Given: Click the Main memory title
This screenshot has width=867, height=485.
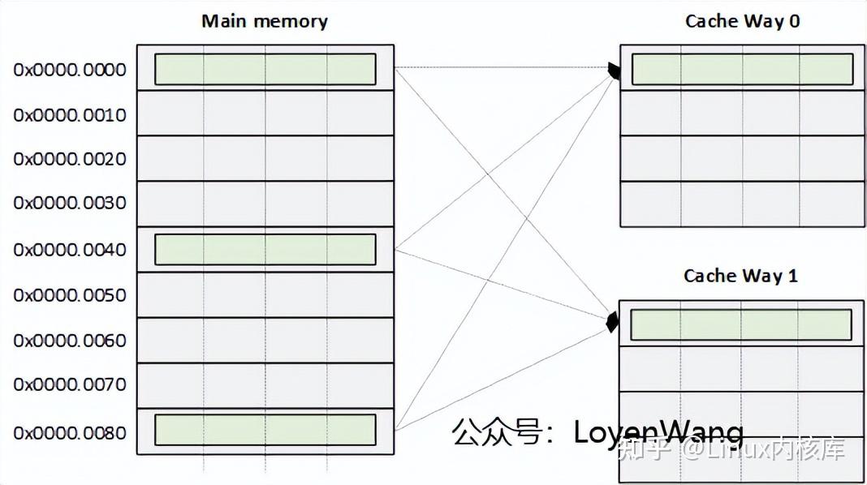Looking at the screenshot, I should pyautogui.click(x=265, y=21).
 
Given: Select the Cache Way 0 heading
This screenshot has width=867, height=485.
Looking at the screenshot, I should pyautogui.click(x=742, y=21).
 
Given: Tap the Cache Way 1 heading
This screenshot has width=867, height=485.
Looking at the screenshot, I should pyautogui.click(x=740, y=276).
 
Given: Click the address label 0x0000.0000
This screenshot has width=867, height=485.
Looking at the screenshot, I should pyautogui.click(x=70, y=70).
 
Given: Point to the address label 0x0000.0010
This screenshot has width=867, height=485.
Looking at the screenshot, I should pyautogui.click(x=70, y=115).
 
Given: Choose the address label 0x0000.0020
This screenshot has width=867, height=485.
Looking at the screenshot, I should pyautogui.click(x=70, y=159).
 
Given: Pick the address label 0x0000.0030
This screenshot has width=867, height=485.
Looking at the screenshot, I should pyautogui.click(x=70, y=203).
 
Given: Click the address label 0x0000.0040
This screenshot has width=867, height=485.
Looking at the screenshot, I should pyautogui.click(x=70, y=250).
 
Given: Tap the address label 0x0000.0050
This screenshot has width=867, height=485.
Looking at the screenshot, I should pyautogui.click(x=70, y=295).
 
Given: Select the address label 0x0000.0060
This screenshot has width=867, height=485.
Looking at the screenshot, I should pyautogui.click(x=70, y=341).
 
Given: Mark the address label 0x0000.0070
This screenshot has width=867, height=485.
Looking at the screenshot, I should pyautogui.click(x=70, y=384).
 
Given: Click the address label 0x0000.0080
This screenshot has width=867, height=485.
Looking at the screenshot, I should pyautogui.click(x=70, y=432).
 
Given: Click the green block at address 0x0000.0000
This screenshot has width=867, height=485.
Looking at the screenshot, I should pyautogui.click(x=265, y=69).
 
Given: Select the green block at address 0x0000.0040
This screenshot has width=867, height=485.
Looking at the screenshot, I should pyautogui.click(x=265, y=249).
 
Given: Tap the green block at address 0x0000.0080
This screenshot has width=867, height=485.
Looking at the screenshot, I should pyautogui.click(x=265, y=430).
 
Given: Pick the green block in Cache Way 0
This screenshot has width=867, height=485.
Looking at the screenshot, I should pyautogui.click(x=742, y=69).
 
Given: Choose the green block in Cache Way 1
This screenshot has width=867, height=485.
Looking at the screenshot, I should pyautogui.click(x=740, y=324).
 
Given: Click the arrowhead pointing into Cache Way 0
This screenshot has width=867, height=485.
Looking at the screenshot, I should pyautogui.click(x=615, y=71).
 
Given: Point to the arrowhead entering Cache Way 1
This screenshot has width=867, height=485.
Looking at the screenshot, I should pyautogui.click(x=613, y=323).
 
